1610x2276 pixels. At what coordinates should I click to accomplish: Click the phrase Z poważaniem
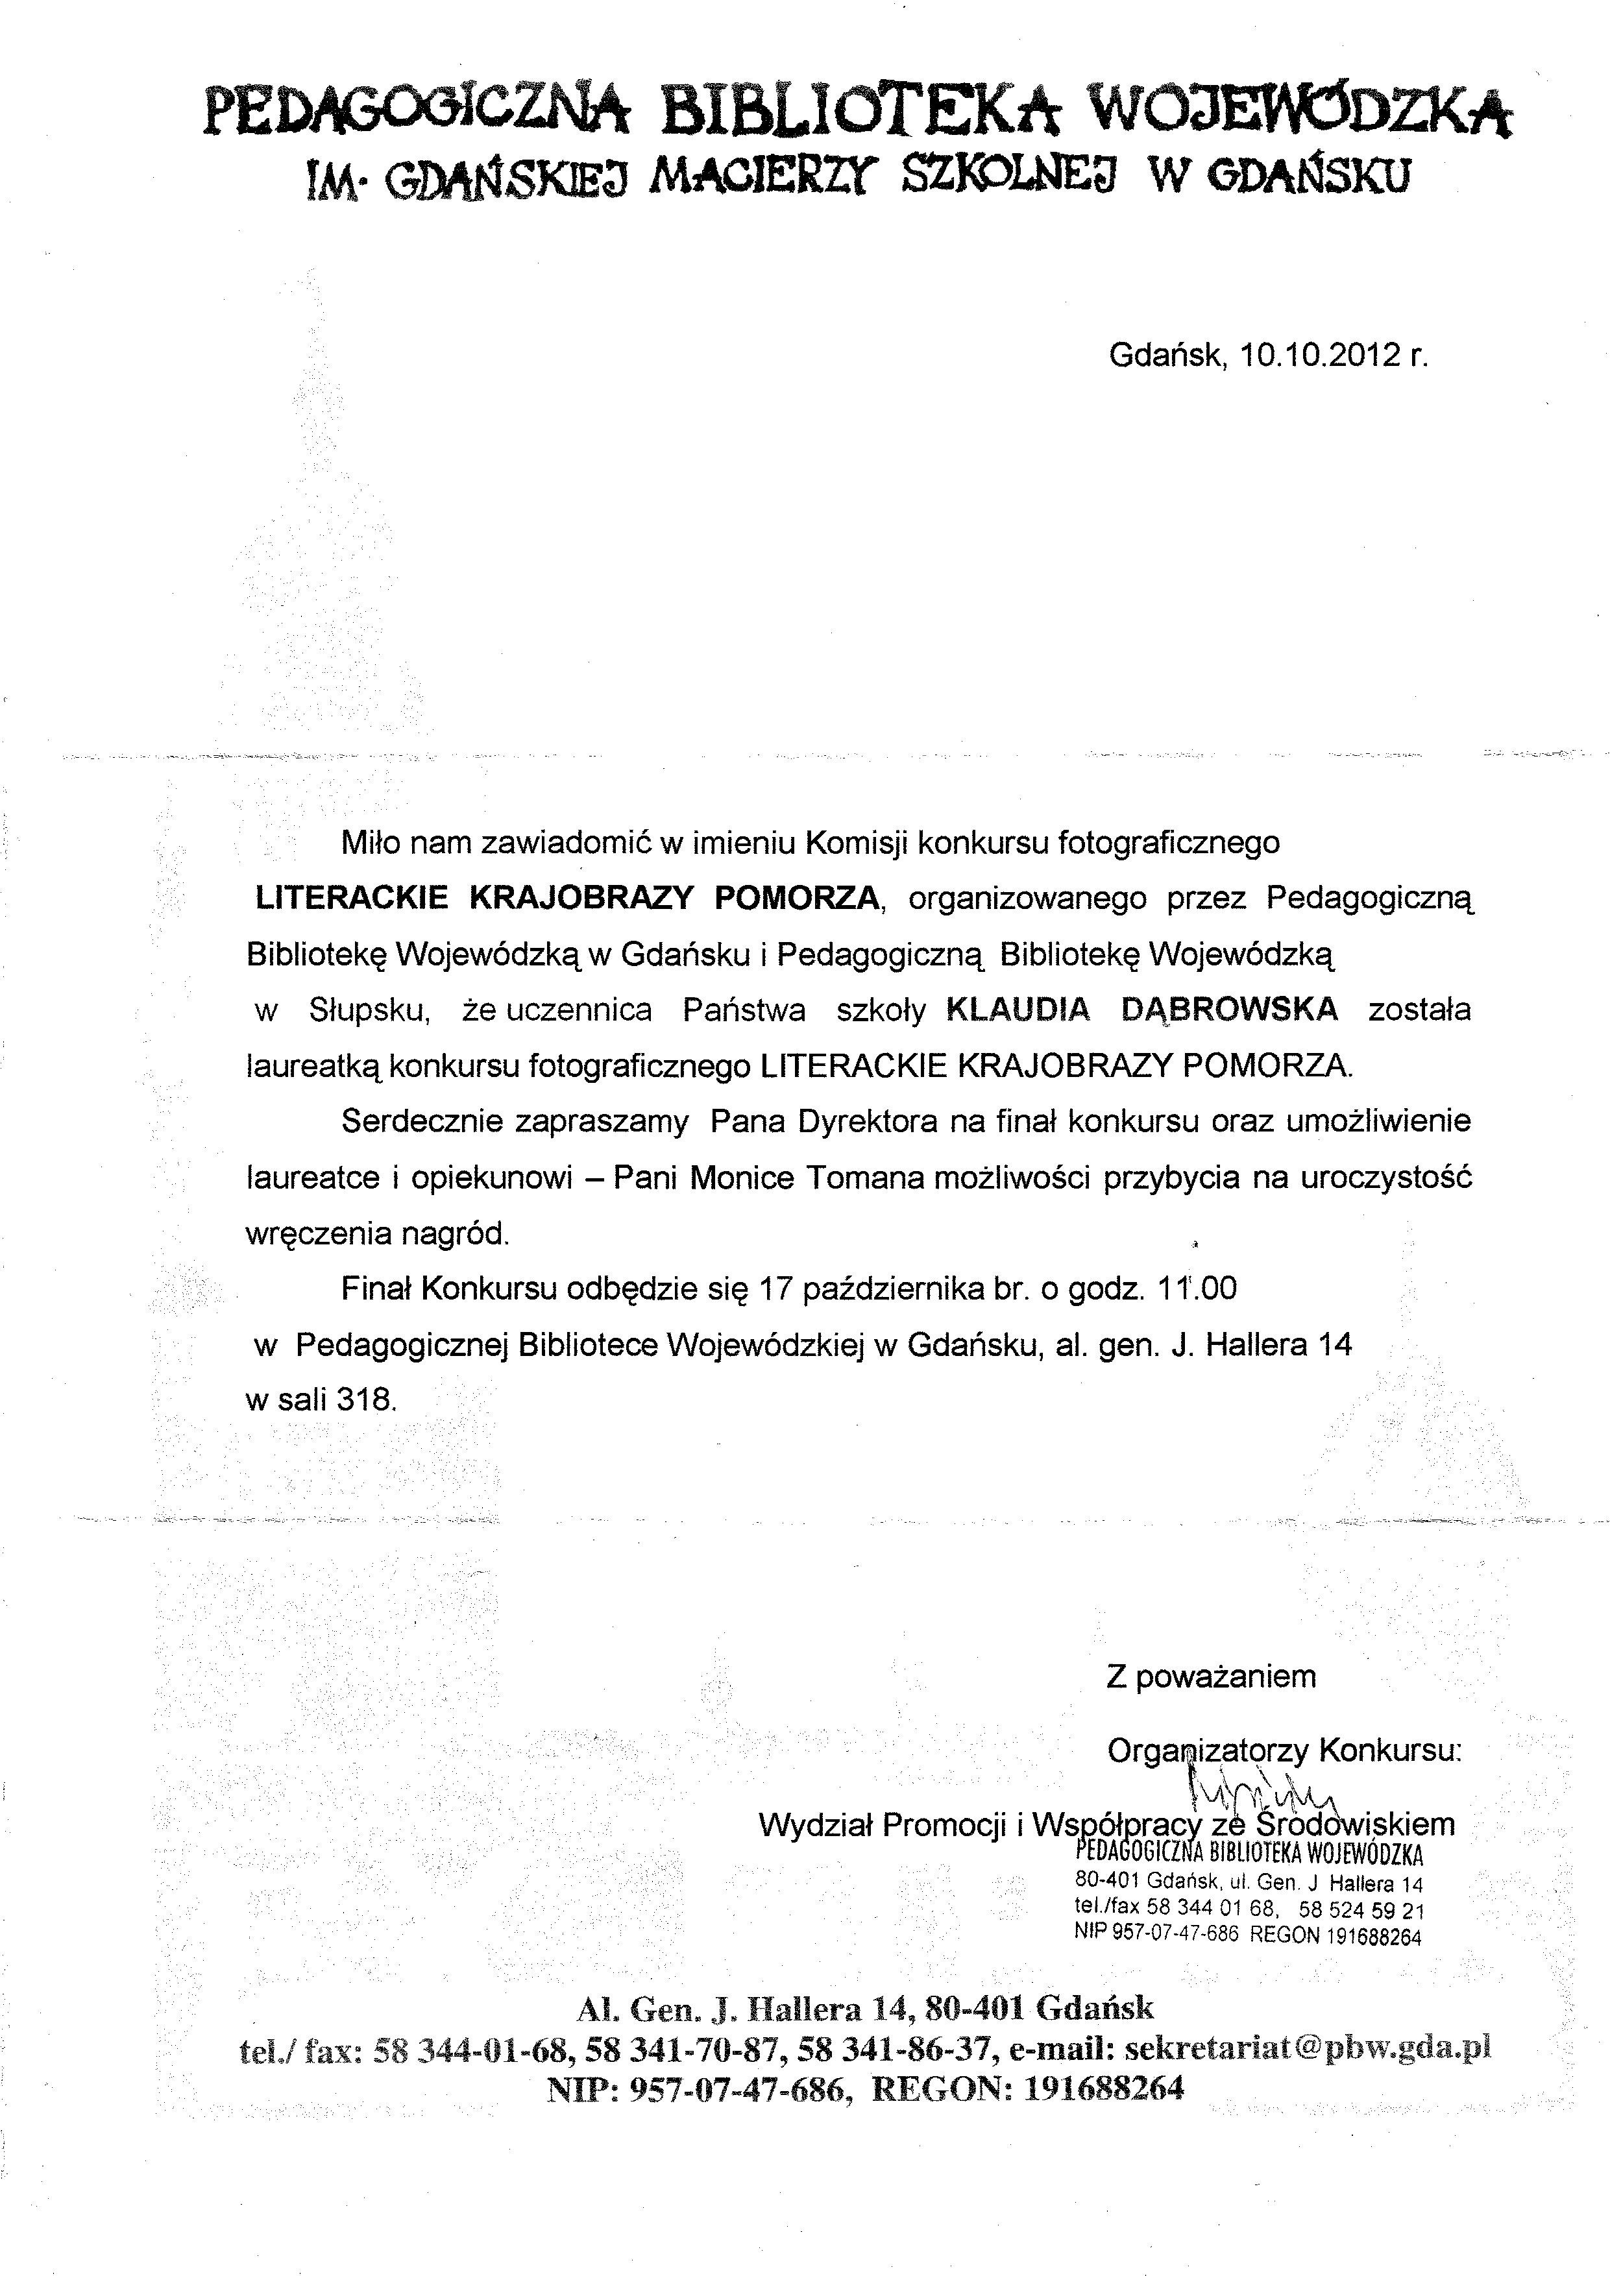[1210, 1677]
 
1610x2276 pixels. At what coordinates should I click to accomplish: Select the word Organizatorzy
[1208, 1750]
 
